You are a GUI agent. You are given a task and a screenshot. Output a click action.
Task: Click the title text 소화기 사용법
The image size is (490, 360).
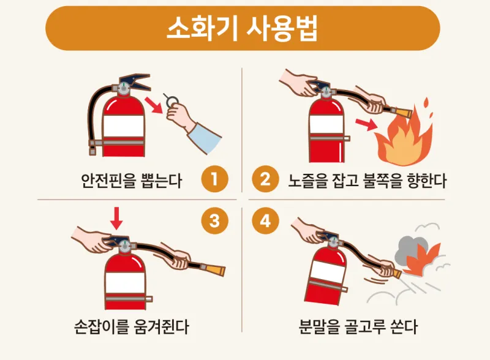pyautogui.click(x=243, y=28)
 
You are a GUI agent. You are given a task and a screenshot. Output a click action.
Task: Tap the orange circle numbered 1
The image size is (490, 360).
pyautogui.click(x=215, y=179)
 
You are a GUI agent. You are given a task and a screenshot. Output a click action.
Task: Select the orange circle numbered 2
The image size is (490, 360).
pyautogui.click(x=265, y=179)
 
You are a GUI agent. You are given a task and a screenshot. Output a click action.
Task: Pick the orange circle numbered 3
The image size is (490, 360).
pyautogui.click(x=215, y=221)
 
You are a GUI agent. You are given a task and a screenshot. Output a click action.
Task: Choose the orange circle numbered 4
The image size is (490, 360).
pyautogui.click(x=265, y=221)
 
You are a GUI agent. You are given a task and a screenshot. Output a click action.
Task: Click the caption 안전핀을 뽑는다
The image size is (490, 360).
pyautogui.click(x=131, y=181)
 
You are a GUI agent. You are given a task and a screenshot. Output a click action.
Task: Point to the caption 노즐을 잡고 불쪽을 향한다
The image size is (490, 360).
pyautogui.click(x=367, y=181)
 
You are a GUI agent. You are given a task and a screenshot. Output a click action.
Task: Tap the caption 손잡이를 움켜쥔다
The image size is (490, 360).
pyautogui.click(x=132, y=326)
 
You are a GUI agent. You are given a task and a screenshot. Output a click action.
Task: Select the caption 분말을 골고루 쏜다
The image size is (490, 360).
pyautogui.click(x=358, y=326)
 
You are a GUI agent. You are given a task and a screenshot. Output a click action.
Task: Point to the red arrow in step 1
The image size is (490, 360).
pyautogui.click(x=154, y=105)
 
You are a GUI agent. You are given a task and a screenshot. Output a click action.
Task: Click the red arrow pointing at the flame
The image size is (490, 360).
pyautogui.click(x=366, y=124)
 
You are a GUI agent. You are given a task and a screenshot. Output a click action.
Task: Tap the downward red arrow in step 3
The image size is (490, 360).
pyautogui.click(x=116, y=218)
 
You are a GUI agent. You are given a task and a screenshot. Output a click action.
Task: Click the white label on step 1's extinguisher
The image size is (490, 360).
pyautogui.click(x=124, y=126)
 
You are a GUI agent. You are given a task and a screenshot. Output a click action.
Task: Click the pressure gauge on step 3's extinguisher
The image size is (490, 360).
pyautogui.click(x=125, y=246)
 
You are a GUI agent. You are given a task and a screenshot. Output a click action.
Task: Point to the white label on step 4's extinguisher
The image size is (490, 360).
pyautogui.click(x=328, y=271)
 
